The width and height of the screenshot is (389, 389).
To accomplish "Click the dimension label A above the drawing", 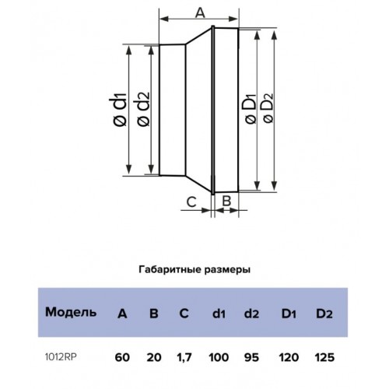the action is pos(200,12).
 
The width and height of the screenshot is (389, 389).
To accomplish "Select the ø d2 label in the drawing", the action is pos(143,109).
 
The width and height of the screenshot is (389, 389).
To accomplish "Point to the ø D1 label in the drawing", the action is pos(251,109).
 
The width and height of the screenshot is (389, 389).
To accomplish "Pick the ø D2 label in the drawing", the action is pos(268,108).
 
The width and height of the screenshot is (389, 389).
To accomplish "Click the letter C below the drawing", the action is pos(191,202).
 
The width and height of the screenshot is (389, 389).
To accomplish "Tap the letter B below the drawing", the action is pos(226,201).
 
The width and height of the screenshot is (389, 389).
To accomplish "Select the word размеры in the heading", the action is pos(227,270).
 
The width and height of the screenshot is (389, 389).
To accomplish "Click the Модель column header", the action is pos(71,312).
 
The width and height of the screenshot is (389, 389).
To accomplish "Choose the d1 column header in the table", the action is pos(219,314).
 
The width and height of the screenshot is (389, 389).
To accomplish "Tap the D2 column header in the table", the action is pos(324,314).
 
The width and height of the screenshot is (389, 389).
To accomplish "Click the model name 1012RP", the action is pos(61,357).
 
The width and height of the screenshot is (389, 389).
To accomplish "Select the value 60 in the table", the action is pos(122,357).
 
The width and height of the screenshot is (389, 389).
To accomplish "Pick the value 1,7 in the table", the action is pos(184,358).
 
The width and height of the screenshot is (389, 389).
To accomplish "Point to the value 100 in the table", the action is pos(219,357).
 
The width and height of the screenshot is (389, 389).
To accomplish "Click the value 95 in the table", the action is pos(251,357).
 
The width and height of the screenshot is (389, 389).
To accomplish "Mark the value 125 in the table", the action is pos(324,357).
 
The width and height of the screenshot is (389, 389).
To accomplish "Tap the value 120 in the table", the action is pos(289,357).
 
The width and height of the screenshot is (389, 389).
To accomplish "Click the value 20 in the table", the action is pos(154,357).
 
